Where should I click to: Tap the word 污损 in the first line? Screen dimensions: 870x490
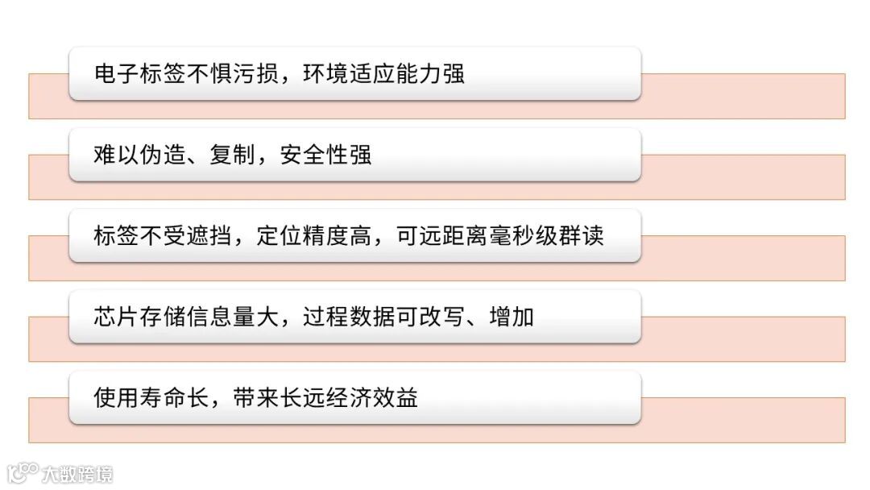255,74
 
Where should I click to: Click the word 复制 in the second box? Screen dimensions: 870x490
232,155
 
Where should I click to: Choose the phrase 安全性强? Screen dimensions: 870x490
325,155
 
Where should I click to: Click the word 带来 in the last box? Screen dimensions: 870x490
255,398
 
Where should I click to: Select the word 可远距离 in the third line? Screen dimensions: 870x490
441,236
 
